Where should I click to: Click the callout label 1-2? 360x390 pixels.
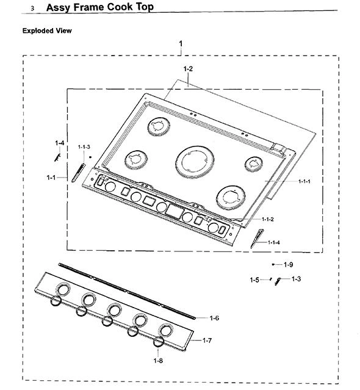188,68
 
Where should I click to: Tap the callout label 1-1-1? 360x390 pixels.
304,181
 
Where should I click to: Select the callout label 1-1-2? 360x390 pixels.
268,219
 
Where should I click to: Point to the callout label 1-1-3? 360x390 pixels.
84,146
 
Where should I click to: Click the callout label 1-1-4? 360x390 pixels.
274,242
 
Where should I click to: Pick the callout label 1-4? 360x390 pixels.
60,143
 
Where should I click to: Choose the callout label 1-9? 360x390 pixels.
289,265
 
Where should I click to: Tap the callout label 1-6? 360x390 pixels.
214,318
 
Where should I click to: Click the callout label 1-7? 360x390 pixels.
207,340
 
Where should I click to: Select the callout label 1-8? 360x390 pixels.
158,361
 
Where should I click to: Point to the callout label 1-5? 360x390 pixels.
254,280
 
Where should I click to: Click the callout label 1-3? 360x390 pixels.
296,279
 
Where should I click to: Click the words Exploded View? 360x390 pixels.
47,31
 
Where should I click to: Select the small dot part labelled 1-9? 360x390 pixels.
273,264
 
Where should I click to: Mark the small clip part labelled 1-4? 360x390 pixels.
57,157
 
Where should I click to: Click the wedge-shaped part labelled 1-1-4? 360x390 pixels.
256,238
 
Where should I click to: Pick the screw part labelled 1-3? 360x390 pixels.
278,281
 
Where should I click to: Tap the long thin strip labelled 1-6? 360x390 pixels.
127,291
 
